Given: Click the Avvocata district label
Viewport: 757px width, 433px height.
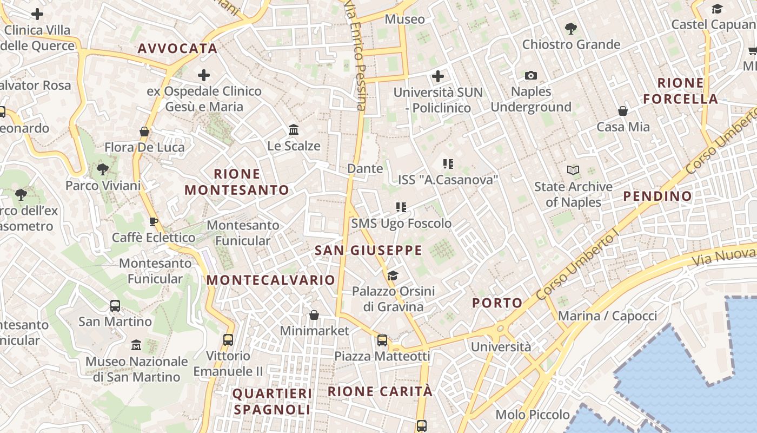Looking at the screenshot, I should [x=177, y=48].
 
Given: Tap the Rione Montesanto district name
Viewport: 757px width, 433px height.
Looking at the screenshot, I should [x=237, y=182].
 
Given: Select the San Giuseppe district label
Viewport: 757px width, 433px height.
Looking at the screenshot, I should [x=368, y=250].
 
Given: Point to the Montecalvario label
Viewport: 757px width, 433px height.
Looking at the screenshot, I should [x=271, y=280].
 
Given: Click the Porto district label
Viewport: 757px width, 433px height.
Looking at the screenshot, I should [x=497, y=303].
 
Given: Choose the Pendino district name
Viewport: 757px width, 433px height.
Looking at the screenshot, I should [x=658, y=196].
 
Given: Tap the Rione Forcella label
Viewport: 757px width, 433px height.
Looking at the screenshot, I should [x=681, y=91].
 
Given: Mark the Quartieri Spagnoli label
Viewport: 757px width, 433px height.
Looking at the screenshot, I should [x=272, y=401].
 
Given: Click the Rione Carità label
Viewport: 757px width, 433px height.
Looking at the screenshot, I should [x=380, y=391].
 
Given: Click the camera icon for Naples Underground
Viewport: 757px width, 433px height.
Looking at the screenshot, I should [x=531, y=76].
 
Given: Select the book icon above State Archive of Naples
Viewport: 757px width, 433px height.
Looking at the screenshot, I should [x=573, y=170].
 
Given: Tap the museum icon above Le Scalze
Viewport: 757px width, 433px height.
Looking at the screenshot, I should [x=294, y=130].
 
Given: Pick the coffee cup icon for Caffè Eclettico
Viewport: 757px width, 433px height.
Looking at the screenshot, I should [x=154, y=221].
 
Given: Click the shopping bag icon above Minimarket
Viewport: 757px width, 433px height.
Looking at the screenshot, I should [x=314, y=315].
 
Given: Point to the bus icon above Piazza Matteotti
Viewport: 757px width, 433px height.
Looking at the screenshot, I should [x=382, y=340].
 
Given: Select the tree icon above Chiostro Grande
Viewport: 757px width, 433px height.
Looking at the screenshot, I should [x=570, y=28].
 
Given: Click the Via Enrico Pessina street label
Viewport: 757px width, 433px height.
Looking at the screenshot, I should [x=356, y=55].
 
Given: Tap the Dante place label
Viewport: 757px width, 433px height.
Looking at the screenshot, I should [x=365, y=168].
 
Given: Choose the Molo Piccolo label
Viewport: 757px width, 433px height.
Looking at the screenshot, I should [x=533, y=415].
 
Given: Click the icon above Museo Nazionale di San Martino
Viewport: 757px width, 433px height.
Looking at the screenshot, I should [x=136, y=345].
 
